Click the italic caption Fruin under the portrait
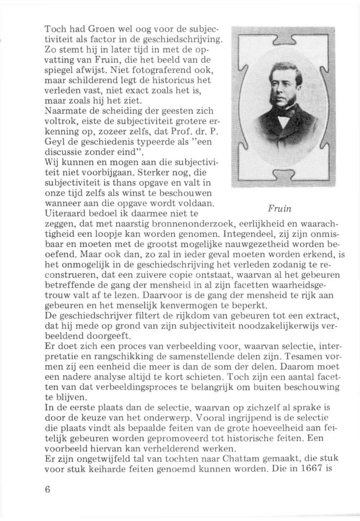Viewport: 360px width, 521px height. [280, 209]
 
